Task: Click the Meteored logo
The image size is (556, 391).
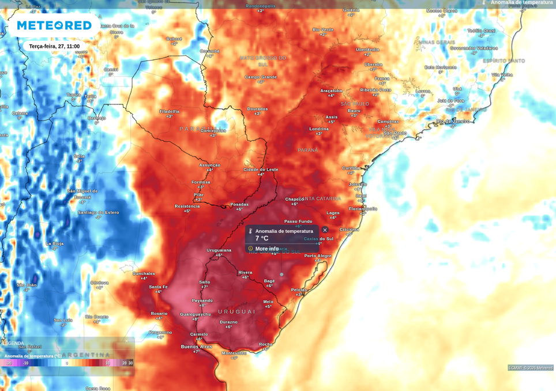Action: (x=54, y=25)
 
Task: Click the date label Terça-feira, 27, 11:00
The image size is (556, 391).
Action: (x=54, y=46)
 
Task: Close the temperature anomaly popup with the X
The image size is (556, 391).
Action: (x=325, y=230)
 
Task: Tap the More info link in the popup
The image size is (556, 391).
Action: (x=266, y=249)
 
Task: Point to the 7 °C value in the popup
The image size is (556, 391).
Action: (x=262, y=238)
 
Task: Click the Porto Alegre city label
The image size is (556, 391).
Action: (x=318, y=255)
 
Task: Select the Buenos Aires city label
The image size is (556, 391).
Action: (x=196, y=347)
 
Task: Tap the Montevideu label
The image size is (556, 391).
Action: (x=234, y=353)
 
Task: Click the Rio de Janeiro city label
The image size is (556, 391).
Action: (x=452, y=121)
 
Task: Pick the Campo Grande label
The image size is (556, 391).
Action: (x=261, y=77)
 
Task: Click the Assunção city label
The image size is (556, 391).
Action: (x=209, y=165)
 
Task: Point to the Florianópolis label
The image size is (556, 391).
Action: (x=363, y=209)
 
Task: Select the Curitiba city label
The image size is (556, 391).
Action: (x=351, y=168)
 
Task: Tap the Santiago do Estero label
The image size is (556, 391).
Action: (x=99, y=212)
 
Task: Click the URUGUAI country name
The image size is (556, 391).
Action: (x=236, y=311)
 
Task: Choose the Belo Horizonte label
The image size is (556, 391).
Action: (x=441, y=67)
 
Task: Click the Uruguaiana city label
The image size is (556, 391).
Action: (x=219, y=250)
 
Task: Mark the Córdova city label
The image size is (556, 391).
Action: (x=99, y=283)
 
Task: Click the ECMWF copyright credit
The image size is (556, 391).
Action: (x=530, y=367)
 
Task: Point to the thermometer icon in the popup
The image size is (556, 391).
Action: (x=250, y=231)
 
